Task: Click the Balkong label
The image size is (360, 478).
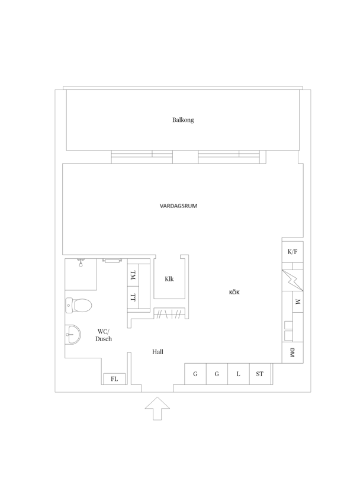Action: [183, 120]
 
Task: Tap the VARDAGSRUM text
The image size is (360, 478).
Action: [178, 206]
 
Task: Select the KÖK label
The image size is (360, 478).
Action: [234, 293]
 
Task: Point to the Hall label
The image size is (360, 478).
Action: [157, 352]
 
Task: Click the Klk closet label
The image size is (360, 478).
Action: [169, 278]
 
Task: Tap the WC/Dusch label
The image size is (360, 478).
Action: [104, 335]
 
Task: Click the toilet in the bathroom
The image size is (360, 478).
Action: [78, 305]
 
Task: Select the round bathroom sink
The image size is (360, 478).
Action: [73, 335]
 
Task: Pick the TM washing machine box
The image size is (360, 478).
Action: [133, 275]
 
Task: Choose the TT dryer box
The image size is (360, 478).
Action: [133, 297]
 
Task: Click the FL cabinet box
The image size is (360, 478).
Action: [114, 379]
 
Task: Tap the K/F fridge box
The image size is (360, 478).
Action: [292, 252]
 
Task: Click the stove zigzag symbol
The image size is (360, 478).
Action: [292, 280]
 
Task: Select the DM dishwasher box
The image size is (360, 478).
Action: [292, 352]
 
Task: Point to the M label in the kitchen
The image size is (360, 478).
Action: [298, 302]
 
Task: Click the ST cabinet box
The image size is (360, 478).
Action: [260, 374]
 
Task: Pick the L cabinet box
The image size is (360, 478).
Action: [239, 374]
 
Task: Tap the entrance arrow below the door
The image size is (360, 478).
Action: [157, 409]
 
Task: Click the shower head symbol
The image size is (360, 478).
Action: [81, 262]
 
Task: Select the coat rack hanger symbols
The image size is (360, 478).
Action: [169, 314]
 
